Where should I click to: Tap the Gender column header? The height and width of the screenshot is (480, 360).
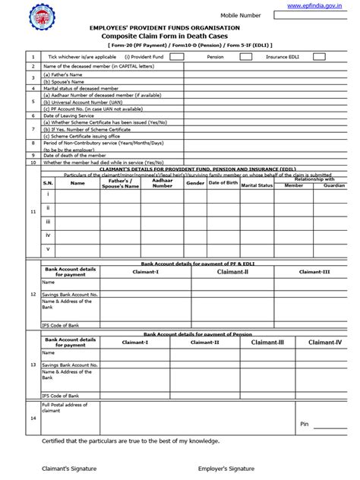195,183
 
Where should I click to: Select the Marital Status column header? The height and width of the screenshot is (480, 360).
256,183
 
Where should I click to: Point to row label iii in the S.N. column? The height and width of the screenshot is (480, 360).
48,221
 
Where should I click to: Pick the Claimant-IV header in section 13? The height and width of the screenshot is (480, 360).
324,343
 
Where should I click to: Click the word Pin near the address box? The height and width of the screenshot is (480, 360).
305,423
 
